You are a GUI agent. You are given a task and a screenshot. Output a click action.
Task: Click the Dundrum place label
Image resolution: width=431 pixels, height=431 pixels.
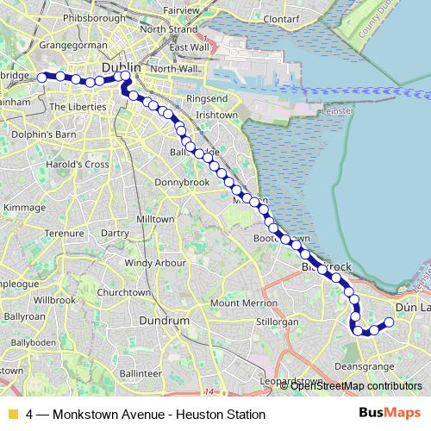click(165, 321)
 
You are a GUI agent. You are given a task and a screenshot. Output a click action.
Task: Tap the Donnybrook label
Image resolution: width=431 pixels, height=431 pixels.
click(177, 183)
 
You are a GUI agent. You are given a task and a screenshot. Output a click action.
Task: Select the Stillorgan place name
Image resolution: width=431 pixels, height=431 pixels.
click(278, 322)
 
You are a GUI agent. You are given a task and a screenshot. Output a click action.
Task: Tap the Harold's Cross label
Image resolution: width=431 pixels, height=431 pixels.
click(78, 164)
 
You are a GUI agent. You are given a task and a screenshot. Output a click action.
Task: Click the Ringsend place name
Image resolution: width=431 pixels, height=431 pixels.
click(208, 99)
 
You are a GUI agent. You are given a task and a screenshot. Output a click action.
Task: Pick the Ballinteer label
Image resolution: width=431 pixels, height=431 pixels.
click(141, 373)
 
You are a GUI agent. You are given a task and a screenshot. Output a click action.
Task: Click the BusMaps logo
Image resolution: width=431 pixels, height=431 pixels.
click(383, 413)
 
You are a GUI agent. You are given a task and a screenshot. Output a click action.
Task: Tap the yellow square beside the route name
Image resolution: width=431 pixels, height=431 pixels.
click(12, 414)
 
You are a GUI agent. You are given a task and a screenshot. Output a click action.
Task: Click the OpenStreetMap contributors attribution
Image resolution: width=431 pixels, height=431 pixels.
click(355, 385)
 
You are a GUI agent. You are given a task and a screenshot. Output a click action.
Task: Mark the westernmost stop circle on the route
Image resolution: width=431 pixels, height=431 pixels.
click(41, 79)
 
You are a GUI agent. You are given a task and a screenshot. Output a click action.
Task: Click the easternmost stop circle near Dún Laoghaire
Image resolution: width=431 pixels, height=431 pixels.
click(389, 322)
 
